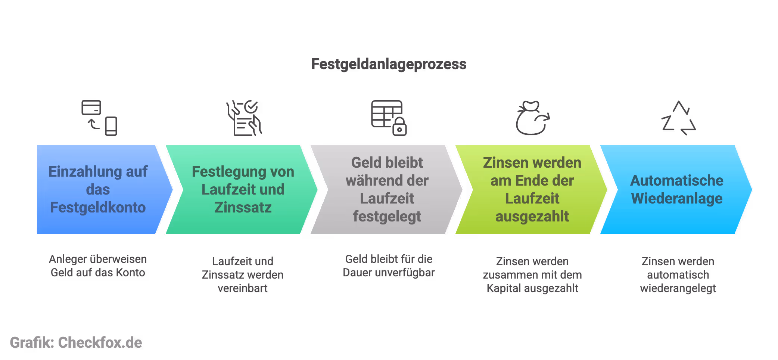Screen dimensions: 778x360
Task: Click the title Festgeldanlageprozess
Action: [x=389, y=64]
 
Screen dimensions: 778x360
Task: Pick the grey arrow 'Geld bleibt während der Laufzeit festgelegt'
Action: [x=387, y=189]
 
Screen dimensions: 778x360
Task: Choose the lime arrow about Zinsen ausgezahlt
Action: [x=532, y=189]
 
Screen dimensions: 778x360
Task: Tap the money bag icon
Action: [x=531, y=119]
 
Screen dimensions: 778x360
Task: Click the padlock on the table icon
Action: [x=399, y=127]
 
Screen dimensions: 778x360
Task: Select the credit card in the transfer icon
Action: [x=91, y=108]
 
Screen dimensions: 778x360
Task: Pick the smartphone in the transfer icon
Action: [x=111, y=126]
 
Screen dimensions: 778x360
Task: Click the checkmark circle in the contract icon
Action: [x=251, y=107]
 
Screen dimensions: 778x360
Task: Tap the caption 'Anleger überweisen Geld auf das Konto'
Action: [x=98, y=266]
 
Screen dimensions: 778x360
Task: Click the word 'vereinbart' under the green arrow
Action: [x=243, y=288]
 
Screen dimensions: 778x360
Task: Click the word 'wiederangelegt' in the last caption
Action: [x=678, y=288]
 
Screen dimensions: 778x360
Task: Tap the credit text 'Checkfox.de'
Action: [x=100, y=343]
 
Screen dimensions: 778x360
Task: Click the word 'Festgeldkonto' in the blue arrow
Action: [x=98, y=208]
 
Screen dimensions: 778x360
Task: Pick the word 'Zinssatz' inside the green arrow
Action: [x=243, y=208]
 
